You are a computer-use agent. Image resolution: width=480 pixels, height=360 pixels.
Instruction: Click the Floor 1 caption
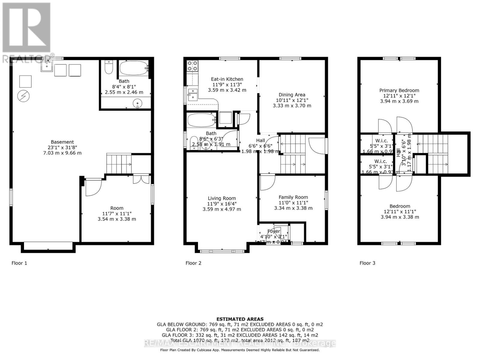tap(19, 263)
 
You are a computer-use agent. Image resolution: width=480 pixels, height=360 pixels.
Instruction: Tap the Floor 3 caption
tap(367, 263)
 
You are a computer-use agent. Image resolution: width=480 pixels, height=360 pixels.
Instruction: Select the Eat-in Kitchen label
tap(227, 79)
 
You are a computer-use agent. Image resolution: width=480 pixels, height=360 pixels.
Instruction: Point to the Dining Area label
tap(292, 95)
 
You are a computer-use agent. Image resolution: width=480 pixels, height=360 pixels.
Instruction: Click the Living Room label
tap(222, 198)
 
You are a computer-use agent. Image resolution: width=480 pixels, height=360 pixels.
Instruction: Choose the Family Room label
tap(293, 197)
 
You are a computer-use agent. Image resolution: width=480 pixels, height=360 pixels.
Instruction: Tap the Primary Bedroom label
tap(399, 90)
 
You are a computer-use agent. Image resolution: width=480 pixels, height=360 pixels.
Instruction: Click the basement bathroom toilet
tap(109, 67)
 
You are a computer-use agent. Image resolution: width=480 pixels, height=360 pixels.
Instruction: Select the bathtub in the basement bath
tap(134, 68)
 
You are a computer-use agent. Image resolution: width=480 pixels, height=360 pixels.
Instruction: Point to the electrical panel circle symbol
tap(23, 96)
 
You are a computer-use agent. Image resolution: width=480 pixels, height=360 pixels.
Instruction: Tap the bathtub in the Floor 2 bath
tap(201, 120)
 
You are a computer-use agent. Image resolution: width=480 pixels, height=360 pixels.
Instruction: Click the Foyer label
tap(273, 231)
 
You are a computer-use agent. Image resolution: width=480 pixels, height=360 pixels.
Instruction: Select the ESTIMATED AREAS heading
tap(240, 319)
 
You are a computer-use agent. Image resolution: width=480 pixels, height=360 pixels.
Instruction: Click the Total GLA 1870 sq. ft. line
tap(240, 340)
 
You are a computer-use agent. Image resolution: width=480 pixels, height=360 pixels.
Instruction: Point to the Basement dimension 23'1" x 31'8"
tap(62, 148)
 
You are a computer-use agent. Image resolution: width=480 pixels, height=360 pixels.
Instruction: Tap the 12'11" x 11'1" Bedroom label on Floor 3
tap(400, 211)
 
